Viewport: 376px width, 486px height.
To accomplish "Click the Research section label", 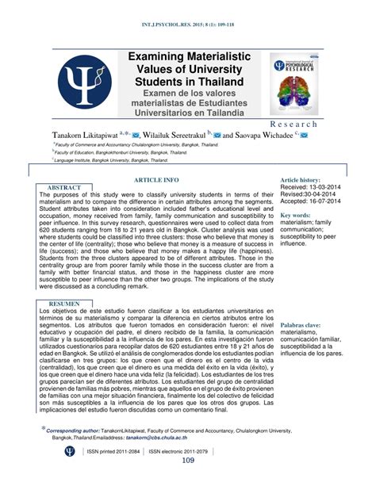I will point(315,125).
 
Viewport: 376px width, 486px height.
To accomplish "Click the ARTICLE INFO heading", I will point(161,181).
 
